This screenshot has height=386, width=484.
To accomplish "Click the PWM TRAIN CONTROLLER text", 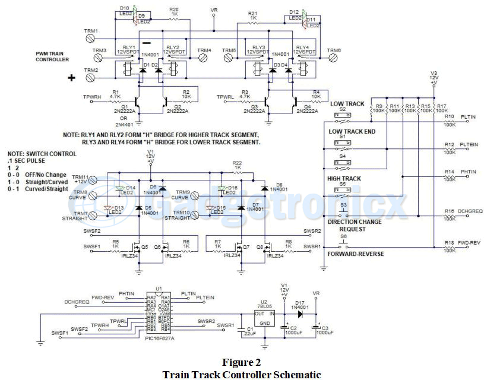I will tap(52, 56).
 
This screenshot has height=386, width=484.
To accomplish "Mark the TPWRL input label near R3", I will tap(225, 96).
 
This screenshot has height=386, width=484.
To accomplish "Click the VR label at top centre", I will tap(214, 11).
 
